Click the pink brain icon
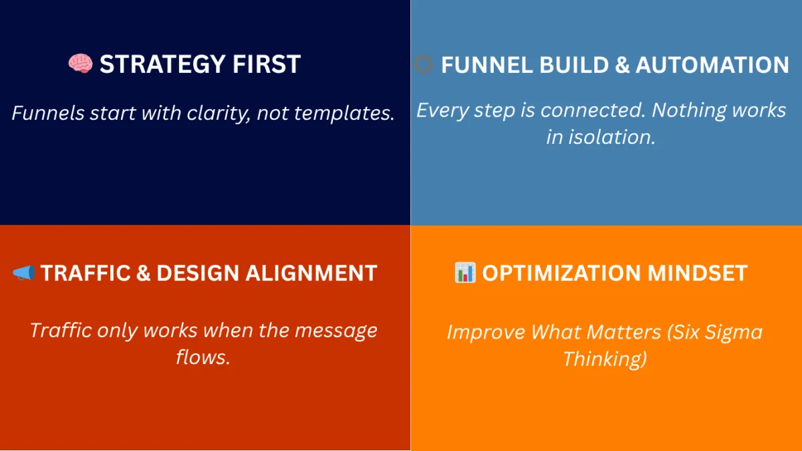81,64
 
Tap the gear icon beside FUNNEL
424,64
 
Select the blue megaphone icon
23,273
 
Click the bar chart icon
465,272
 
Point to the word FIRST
267,64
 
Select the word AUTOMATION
712,65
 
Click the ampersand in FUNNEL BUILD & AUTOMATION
622,65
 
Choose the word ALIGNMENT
311,273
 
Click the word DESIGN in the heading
198,273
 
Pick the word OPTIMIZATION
561,273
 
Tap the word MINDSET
698,273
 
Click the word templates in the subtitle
344,113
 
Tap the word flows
203,357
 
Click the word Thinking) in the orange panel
605,359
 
